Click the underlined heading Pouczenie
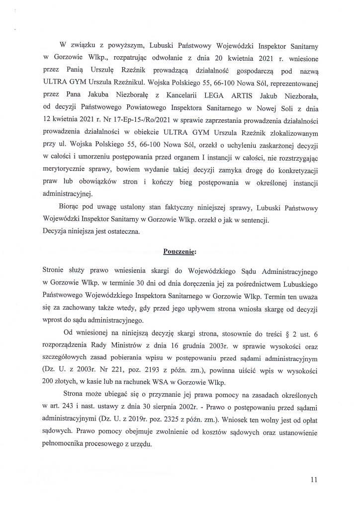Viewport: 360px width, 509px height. pos(180,251)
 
